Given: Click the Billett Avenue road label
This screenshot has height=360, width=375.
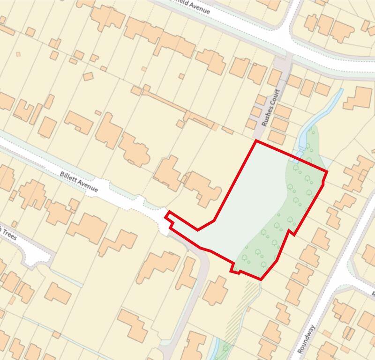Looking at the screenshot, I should click(x=79, y=182).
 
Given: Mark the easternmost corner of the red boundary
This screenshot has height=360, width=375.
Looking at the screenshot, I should click(x=326, y=171).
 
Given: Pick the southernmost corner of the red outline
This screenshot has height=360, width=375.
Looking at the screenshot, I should click(x=261, y=280).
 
